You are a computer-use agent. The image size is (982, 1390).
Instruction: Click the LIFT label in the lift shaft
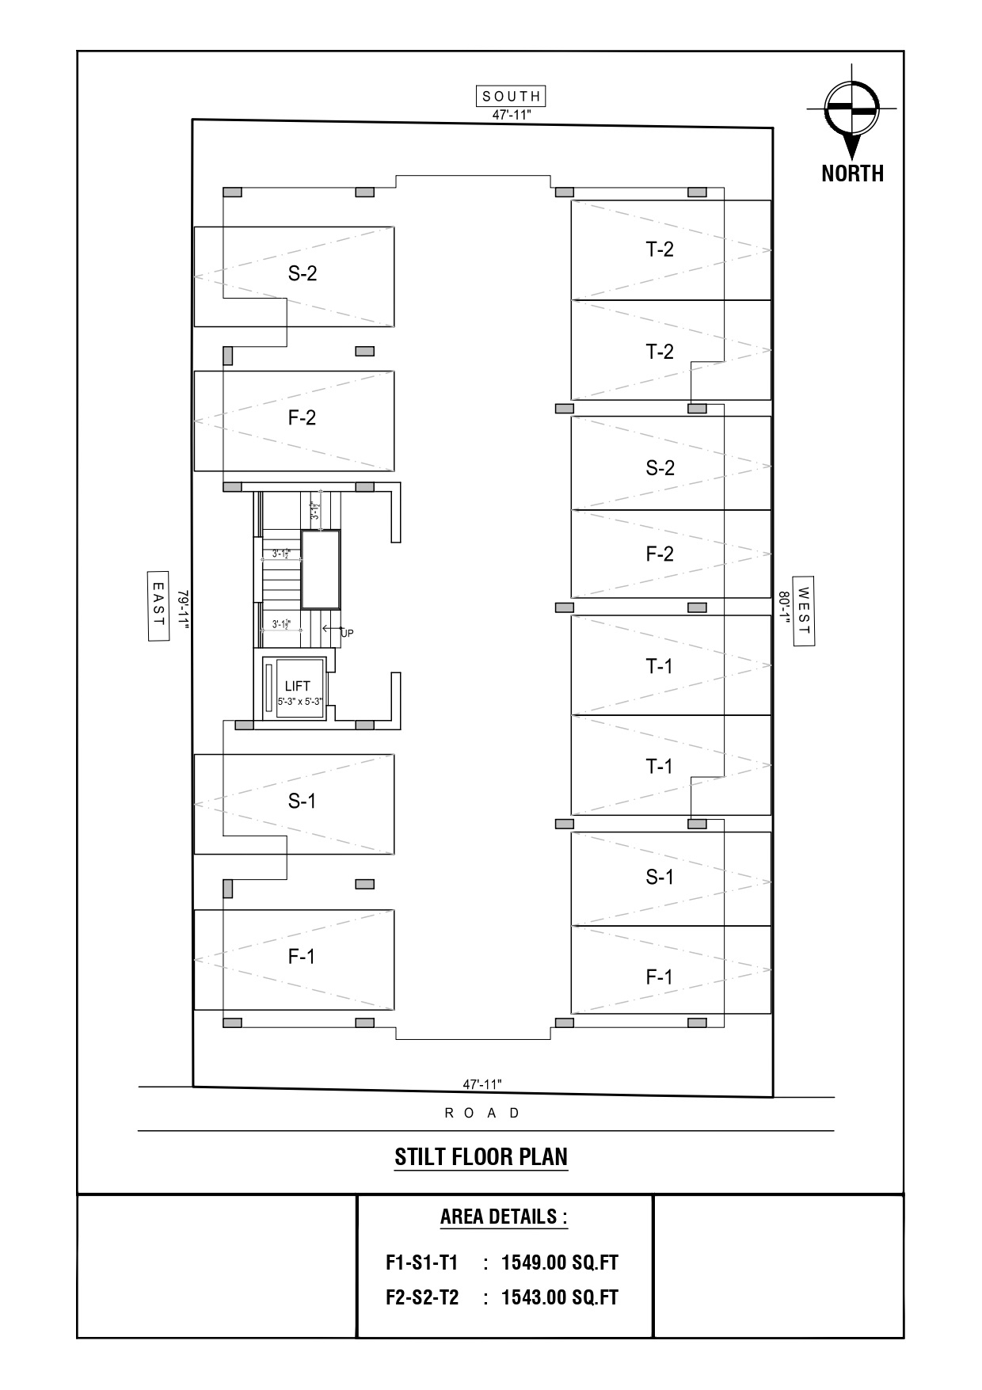[298, 686]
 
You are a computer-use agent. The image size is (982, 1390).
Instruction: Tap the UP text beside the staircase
[347, 634]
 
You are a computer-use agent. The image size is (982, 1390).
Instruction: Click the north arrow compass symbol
[852, 111]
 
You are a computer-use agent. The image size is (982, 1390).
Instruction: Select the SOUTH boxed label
[512, 96]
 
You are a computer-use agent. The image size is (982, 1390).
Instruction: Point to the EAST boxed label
[158, 605]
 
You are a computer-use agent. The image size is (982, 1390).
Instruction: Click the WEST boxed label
[805, 610]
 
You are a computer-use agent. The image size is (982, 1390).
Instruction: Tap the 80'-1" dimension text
[784, 608]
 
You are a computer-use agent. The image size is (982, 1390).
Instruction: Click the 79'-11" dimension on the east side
[183, 609]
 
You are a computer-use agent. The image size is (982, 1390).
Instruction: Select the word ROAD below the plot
[483, 1113]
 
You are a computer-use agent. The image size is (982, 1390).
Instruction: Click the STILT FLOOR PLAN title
[481, 1157]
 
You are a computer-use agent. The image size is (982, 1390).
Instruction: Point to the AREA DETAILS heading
[504, 1217]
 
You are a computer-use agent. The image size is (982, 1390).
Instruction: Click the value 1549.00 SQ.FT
[559, 1262]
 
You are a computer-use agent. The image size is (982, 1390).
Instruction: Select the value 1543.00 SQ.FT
[559, 1297]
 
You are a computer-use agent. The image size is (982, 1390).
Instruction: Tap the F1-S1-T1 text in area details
[421, 1262]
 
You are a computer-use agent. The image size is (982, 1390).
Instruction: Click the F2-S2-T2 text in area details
[422, 1297]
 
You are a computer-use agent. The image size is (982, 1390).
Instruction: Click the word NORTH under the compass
[852, 173]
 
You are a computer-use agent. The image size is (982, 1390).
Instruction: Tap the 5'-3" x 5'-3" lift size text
[300, 702]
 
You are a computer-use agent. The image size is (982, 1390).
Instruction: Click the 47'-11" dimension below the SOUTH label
[511, 115]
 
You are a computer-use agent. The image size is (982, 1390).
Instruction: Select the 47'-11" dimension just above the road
[482, 1084]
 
